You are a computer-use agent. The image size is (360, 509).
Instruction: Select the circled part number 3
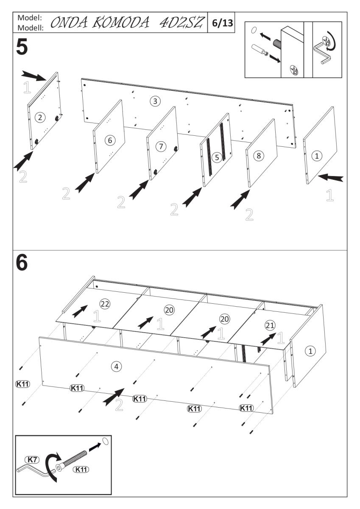[x=156, y=101]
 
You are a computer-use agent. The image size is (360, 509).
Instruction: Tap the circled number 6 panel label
[x=109, y=140]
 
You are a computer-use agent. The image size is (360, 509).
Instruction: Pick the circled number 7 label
[x=161, y=146]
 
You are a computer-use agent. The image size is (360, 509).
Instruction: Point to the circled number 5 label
[x=217, y=157]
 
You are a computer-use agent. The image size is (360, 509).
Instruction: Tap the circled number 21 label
[x=270, y=325]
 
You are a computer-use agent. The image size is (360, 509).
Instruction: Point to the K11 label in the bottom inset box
[x=81, y=469]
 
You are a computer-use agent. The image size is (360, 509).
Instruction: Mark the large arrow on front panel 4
[x=113, y=396]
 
